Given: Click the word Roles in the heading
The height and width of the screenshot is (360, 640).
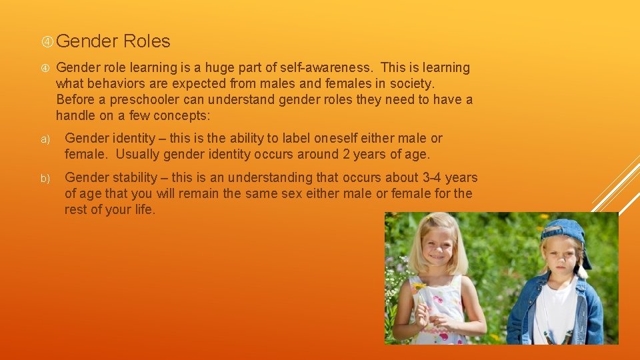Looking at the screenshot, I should pyautogui.click(x=147, y=41).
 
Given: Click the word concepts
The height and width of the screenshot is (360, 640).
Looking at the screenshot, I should pyautogui.click(x=181, y=115).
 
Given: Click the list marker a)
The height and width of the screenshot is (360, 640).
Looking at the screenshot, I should pyautogui.click(x=45, y=139).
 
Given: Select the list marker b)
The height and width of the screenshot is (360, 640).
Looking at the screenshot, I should pyautogui.click(x=45, y=179).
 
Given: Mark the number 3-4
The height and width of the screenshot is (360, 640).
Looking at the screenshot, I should pyautogui.click(x=431, y=177).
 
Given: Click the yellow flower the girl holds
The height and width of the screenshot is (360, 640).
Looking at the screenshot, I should pyautogui.click(x=419, y=287).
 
